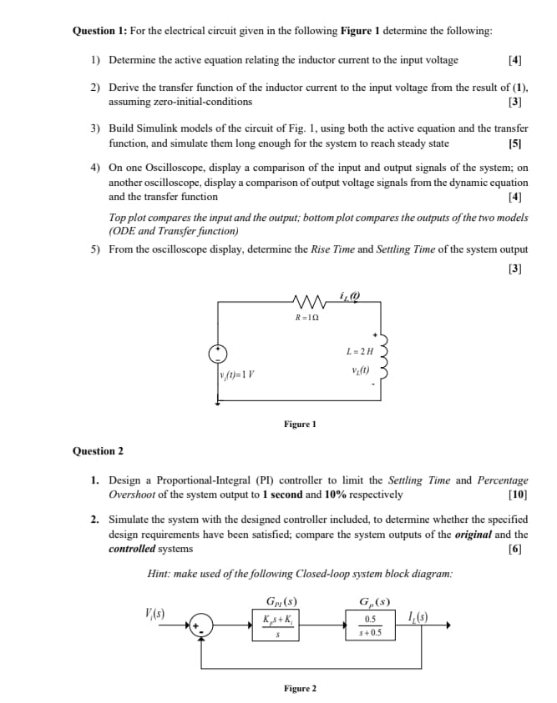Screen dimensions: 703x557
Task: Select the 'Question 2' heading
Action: coord(98,451)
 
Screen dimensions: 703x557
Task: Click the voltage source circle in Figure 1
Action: coord(219,351)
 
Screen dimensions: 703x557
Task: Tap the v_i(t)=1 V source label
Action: coord(237,373)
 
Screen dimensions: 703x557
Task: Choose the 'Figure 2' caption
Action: coord(300,689)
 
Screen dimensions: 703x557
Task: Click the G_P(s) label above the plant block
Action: coord(372,601)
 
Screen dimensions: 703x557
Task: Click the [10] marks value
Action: coord(517,495)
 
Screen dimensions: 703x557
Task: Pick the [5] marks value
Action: coord(514,143)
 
